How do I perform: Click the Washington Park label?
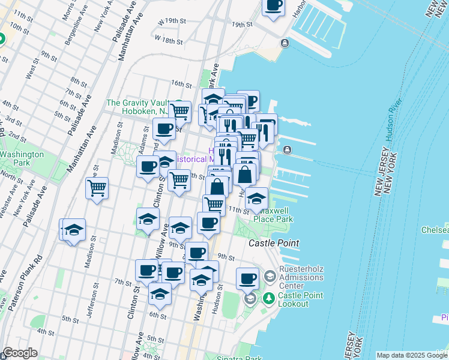pos(22,158)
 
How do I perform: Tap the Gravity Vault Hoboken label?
pos(137,107)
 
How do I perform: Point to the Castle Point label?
pos(274,242)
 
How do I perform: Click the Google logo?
pos(19,353)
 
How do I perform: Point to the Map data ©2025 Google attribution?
pos(411,355)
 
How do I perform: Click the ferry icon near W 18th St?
pos(284,43)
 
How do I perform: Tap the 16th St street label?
pos(180,84)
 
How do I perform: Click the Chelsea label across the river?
pos(437,230)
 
